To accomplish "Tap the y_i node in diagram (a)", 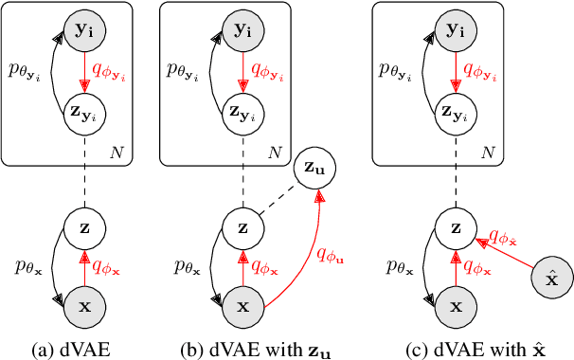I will [83, 31].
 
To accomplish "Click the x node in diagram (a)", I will [83, 306].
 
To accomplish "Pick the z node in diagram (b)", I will [242, 227].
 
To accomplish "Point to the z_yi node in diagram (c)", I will [457, 110].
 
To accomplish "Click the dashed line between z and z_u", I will [280, 199].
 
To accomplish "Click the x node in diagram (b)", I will [242, 306].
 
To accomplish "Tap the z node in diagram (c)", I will [457, 227].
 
